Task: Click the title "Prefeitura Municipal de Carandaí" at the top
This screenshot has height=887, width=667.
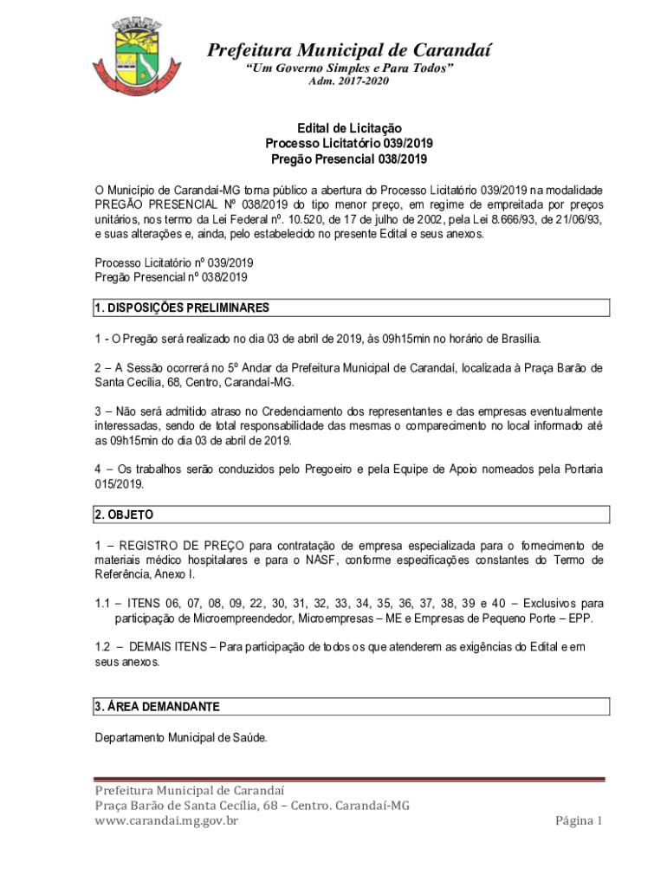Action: click(348, 50)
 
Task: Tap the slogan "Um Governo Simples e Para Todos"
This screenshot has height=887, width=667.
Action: click(349, 68)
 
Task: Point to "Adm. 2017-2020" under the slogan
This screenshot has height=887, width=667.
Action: click(349, 81)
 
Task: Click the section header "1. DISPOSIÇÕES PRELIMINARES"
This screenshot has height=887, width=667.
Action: click(182, 308)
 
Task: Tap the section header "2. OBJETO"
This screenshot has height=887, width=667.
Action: click(124, 515)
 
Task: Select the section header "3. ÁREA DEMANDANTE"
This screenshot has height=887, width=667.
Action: click(157, 707)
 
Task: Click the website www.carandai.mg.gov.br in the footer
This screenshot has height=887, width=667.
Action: click(166, 820)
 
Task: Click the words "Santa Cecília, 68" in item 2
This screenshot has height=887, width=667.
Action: click(137, 382)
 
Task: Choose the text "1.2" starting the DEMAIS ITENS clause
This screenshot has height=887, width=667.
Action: click(103, 648)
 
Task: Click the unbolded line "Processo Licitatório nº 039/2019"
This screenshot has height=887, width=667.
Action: click(174, 262)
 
